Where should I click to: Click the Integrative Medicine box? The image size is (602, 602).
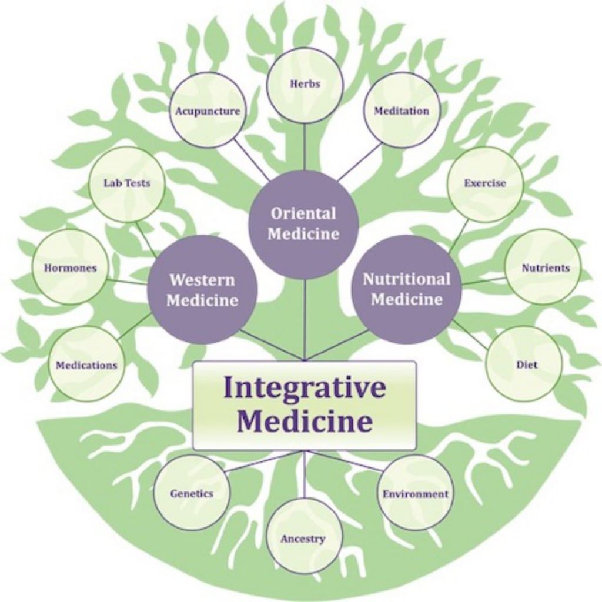305,406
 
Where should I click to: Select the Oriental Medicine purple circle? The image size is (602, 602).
303,224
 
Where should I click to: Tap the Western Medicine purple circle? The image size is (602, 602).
202,289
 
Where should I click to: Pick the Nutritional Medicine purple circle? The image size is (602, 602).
407,289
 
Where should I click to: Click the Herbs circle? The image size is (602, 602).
305,85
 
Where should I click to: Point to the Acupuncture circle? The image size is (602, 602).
208,111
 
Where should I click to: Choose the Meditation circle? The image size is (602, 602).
402,111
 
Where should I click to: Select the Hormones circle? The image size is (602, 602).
70,267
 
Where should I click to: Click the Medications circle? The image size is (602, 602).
86,364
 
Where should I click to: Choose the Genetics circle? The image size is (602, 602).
192,493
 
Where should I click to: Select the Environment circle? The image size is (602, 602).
415,493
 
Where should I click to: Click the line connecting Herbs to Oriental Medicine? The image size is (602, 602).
305,147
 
